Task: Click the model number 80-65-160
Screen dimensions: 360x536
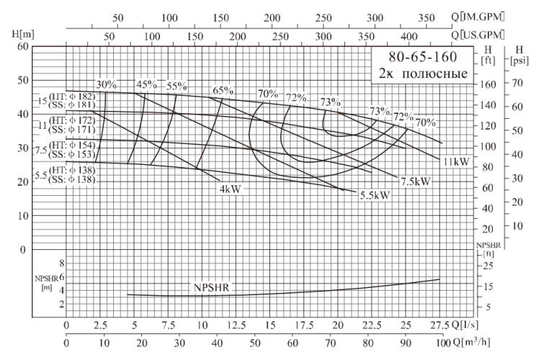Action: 422,56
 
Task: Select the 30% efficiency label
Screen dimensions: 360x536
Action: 107,85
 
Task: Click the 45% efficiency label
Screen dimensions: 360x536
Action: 146,85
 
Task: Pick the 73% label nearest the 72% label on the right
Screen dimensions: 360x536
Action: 379,111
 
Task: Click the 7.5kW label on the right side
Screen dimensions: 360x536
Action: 416,181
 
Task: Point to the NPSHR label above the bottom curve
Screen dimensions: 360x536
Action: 210,287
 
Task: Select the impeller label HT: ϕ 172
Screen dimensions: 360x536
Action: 70,120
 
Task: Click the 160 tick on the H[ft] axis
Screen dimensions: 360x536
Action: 490,84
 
